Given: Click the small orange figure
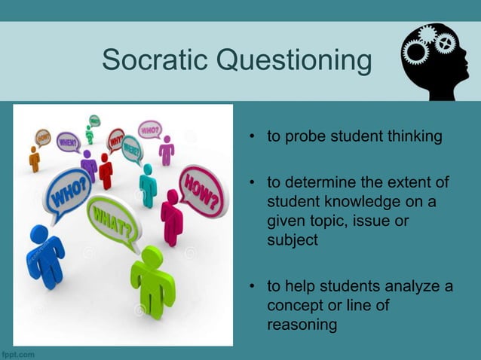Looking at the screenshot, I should [34, 159].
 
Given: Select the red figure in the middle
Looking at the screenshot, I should [106, 171].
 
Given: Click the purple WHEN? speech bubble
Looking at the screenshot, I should [69, 142].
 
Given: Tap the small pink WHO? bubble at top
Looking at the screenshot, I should [150, 129].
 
